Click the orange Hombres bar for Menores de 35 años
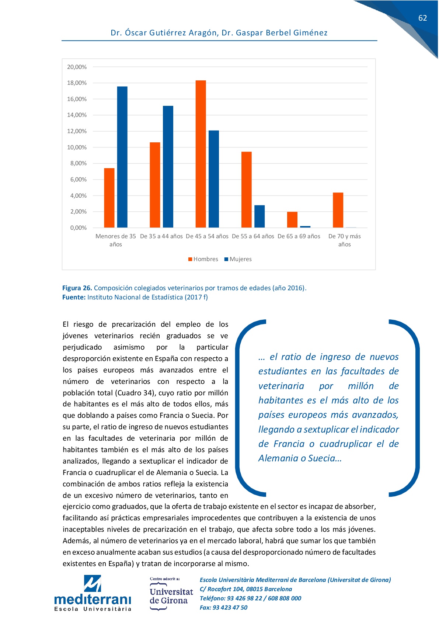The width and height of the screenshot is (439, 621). tap(109, 198)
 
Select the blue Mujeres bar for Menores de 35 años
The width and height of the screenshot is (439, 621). tap(122, 157)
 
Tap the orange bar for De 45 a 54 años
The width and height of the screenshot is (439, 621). tap(201, 154)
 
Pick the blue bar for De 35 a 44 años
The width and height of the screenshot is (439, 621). tap(168, 167)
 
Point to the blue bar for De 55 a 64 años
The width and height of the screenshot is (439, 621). tap(259, 216)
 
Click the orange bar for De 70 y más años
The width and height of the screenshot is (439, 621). tap(338, 210)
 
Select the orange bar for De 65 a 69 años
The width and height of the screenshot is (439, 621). tap(292, 220)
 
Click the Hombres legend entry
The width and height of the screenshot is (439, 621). tap(203, 259)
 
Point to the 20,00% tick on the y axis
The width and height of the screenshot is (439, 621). tap(77, 67)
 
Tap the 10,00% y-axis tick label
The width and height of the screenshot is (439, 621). tap(77, 148)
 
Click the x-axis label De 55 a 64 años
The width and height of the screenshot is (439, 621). tap(253, 236)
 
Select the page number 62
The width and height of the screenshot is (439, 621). tap(422, 18)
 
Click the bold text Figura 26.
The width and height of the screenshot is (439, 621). tap(77, 288)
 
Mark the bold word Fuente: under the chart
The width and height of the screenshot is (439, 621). tap(74, 297)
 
